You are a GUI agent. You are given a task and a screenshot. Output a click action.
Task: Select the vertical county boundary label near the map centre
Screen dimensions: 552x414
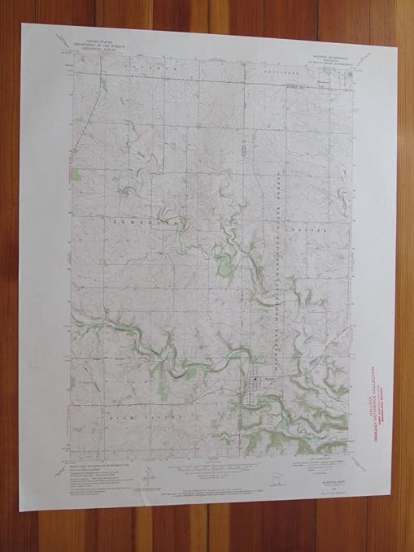tap(242, 150)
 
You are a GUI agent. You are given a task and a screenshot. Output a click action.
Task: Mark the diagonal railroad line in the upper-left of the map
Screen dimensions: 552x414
tap(85, 122)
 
